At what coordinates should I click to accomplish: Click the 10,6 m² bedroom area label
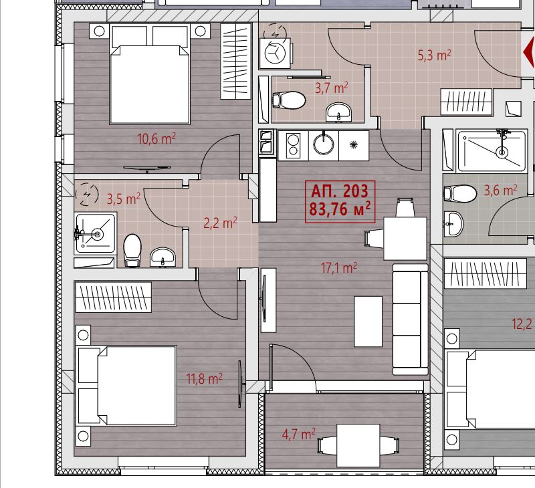pos(156,139)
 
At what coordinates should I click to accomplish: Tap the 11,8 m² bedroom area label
pos(205,378)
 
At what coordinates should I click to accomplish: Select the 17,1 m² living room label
pos(339,267)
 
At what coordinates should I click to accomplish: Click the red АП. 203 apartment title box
pos(340,201)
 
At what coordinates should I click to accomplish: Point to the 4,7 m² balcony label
pos(299,435)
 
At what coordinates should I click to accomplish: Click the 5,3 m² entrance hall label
pos(435,55)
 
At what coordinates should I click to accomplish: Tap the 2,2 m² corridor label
pos(221,223)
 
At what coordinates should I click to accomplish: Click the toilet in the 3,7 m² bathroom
pos(289,100)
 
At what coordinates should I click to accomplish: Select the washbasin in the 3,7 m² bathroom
pos(338,112)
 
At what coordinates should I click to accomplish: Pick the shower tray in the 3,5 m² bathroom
pos(96,233)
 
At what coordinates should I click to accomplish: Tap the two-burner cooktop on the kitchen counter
pos(293,146)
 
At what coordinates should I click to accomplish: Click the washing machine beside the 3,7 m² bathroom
pos(275,53)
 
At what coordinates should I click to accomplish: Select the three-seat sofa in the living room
pos(411,320)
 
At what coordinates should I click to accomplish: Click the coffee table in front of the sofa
pos(368,322)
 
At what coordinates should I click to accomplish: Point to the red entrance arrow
pos(529,53)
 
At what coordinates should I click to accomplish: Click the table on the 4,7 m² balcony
pos(358,445)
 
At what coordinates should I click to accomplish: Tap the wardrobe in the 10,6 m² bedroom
pos(236,62)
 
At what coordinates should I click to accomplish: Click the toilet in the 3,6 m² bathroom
pos(460,194)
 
